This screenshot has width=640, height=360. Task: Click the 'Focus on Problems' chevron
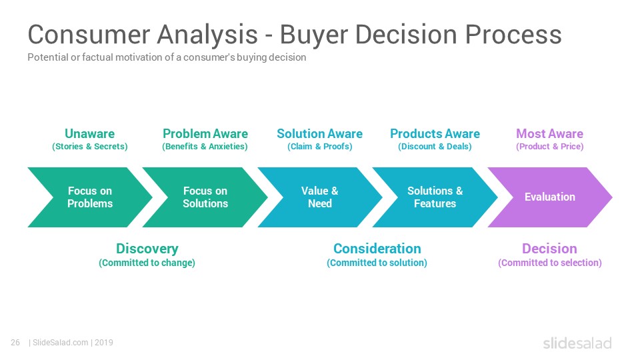pyautogui.click(x=90, y=197)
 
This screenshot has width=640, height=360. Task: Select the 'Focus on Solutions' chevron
pyautogui.click(x=205, y=197)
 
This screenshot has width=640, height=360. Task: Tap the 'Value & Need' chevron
pyautogui.click(x=320, y=197)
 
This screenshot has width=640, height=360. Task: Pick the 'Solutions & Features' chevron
pyautogui.click(x=435, y=197)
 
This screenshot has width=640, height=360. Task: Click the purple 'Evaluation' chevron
pyautogui.click(x=550, y=197)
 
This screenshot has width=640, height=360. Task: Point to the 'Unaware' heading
pyautogui.click(x=90, y=133)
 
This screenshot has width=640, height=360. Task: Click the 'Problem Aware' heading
pyautogui.click(x=205, y=133)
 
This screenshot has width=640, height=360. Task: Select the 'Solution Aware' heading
pyautogui.click(x=319, y=133)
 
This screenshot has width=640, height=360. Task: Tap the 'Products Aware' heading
pyautogui.click(x=435, y=133)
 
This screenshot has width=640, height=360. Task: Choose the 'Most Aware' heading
pyautogui.click(x=550, y=133)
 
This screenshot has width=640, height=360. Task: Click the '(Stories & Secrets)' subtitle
pyautogui.click(x=90, y=147)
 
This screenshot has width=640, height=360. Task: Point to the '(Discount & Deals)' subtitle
pyautogui.click(x=435, y=147)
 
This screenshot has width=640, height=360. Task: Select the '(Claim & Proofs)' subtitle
pyautogui.click(x=319, y=147)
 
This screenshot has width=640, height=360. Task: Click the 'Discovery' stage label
pyautogui.click(x=147, y=249)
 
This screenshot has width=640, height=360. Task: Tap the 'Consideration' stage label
pyautogui.click(x=377, y=249)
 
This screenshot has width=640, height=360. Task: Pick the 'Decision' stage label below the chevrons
pyautogui.click(x=550, y=249)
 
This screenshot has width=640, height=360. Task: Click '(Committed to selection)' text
pyautogui.click(x=550, y=263)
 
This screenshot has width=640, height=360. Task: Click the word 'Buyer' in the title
pyautogui.click(x=313, y=34)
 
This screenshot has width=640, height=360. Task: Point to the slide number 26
pyautogui.click(x=15, y=343)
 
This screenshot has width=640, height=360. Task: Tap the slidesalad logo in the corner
pyautogui.click(x=577, y=343)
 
